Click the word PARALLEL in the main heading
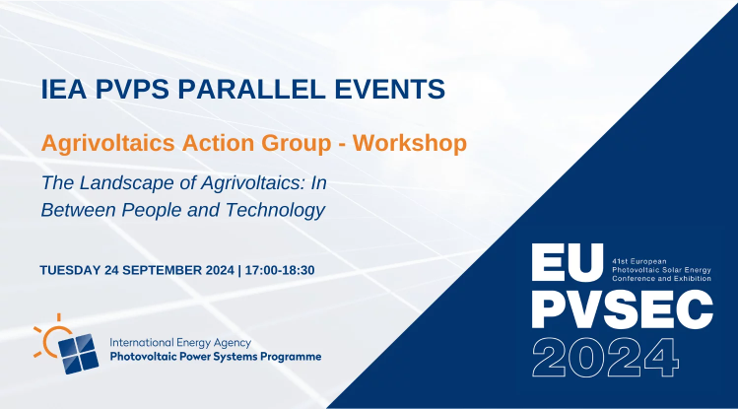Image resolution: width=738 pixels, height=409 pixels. pos(251,89)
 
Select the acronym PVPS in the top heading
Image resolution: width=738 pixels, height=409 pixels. pos(132,89)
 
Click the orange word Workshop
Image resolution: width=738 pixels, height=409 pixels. pos(410,143)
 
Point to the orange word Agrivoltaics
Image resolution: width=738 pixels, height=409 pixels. pos(107,144)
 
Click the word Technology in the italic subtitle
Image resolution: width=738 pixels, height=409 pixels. pos(275,210)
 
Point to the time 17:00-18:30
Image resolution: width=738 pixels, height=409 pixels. pos(280,270)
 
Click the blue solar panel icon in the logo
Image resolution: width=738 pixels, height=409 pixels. pos(79,354)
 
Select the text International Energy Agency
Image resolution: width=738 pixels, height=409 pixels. pos(180,343)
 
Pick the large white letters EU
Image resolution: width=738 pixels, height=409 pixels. pos(568,262)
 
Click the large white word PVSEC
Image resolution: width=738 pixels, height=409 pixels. pos(622,308)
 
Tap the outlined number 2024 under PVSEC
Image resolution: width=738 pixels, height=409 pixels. pos(605,357)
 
